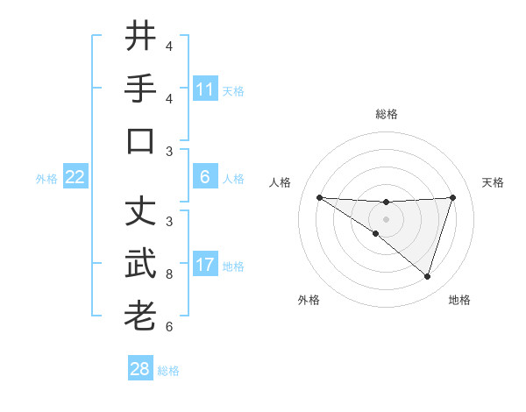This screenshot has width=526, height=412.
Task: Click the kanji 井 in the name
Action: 140,36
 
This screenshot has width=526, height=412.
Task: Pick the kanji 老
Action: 140,316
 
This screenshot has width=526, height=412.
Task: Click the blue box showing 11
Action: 205,89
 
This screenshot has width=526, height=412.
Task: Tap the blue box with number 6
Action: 205,177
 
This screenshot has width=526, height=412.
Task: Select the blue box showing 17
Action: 205,265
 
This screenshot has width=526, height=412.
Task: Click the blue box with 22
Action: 75,177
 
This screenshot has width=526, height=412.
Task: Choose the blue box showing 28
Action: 140,369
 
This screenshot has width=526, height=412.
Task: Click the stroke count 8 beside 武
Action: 169,274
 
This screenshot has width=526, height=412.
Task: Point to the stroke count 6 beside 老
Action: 169,327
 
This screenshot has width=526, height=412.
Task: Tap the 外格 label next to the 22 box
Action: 46,179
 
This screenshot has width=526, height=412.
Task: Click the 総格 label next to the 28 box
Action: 169,371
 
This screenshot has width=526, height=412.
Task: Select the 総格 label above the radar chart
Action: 386,114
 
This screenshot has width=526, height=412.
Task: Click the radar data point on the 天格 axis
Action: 452,197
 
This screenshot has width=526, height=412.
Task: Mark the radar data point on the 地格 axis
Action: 427,276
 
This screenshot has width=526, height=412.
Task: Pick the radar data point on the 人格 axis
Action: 319,197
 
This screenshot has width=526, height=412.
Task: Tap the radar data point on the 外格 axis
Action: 375,233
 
